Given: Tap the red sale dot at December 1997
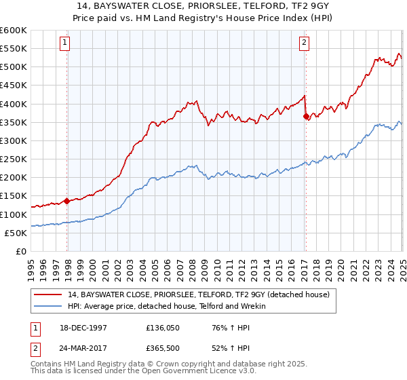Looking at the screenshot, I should [67, 201].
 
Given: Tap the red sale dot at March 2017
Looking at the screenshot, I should [306, 116].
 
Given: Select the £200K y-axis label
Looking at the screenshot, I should [14, 178].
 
